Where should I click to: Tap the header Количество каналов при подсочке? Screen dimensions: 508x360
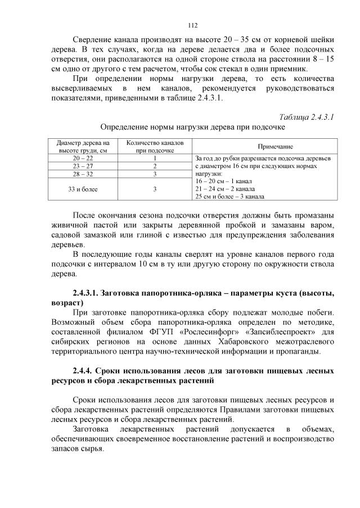[x=155, y=146]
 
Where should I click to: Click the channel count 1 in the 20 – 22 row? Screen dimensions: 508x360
[x=155, y=158]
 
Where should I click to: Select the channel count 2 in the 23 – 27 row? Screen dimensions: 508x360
[x=155, y=166]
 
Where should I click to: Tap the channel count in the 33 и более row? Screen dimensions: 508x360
[x=155, y=189]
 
